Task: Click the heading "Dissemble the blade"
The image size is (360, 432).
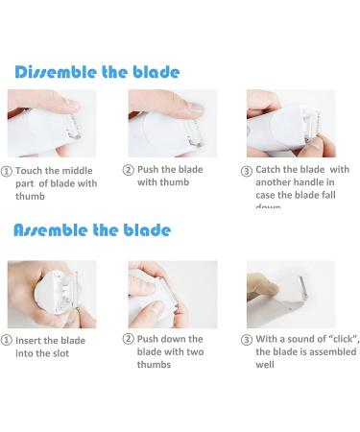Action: coord(97,72)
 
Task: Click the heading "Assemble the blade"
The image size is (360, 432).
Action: coord(92,230)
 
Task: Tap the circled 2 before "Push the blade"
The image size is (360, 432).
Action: coord(128,170)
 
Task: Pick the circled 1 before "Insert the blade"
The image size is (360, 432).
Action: coord(7,340)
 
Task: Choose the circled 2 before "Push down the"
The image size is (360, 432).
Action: coord(128,339)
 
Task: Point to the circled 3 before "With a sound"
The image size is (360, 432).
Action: coord(247,339)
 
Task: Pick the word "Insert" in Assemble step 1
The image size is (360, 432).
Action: coord(33,340)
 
